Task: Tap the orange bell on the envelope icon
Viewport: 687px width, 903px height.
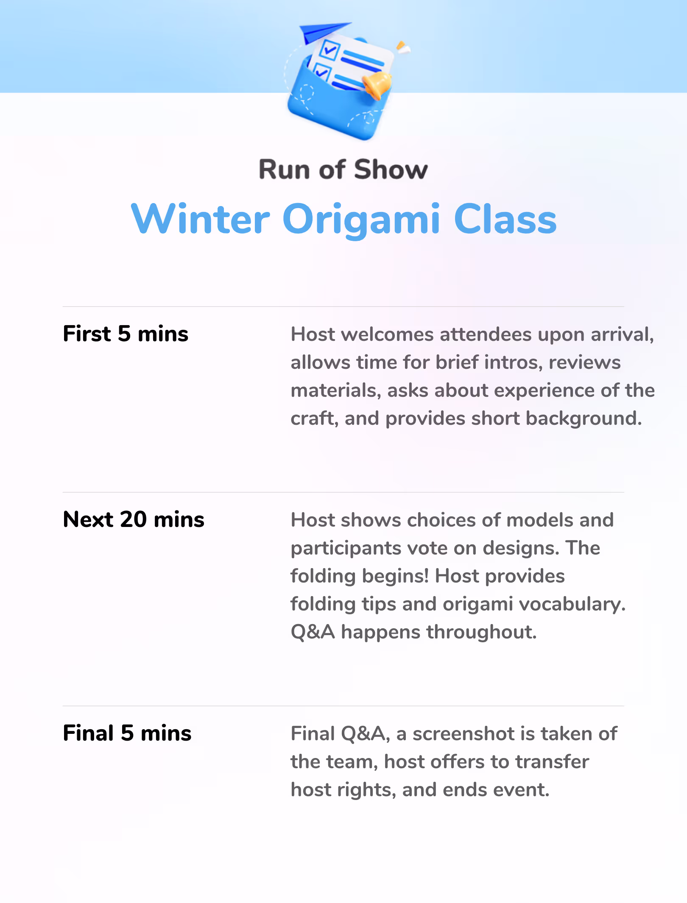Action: tap(377, 85)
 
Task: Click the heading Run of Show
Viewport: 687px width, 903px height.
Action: tap(343, 170)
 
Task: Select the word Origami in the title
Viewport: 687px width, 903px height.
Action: tap(361, 220)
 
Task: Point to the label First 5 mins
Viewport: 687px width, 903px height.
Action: tap(126, 334)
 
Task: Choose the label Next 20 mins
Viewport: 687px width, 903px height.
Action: tap(134, 519)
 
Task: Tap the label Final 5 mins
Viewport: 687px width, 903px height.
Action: tap(127, 733)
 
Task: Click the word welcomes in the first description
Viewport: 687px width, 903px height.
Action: tap(388, 334)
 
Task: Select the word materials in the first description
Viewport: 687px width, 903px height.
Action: tap(336, 390)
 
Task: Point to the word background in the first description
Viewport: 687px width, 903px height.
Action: tap(584, 418)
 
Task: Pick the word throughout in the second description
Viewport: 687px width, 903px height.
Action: tap(482, 632)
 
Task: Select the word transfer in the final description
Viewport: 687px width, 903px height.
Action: tap(552, 762)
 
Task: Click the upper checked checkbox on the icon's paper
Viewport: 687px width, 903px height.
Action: tap(330, 49)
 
